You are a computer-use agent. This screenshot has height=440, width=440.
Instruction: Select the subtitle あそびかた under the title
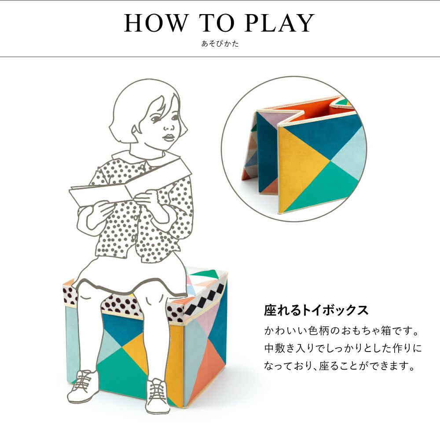[220, 44]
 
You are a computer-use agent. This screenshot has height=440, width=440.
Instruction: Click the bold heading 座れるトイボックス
[316, 310]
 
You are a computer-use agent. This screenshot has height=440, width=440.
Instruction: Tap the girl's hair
[132, 106]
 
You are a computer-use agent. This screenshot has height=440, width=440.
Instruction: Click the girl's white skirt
[132, 273]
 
